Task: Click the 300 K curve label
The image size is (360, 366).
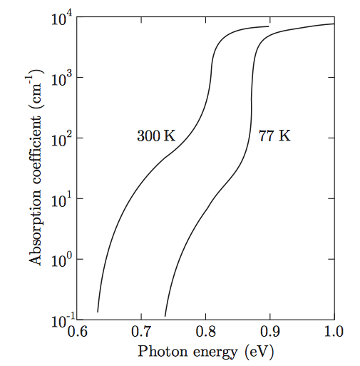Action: click(x=155, y=136)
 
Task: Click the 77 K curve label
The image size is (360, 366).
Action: click(x=274, y=136)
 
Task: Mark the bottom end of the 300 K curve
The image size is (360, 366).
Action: click(x=98, y=312)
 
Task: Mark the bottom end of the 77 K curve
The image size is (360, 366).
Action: click(x=165, y=315)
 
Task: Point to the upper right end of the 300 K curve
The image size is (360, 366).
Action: click(x=269, y=26)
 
